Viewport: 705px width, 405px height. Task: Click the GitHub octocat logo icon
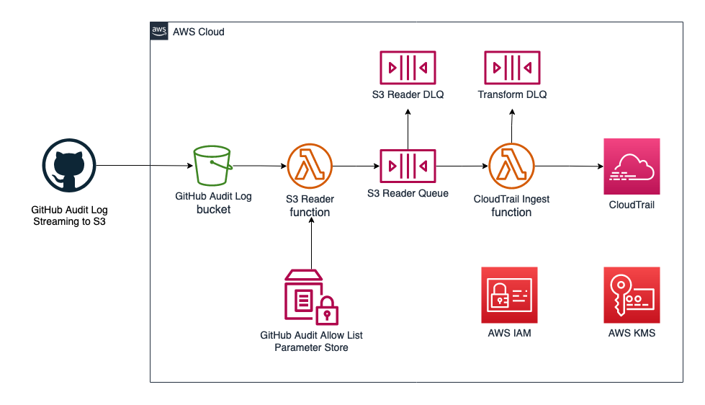tap(69, 166)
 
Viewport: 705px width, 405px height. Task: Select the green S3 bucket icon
tap(213, 166)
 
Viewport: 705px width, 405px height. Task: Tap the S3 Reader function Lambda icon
tap(310, 166)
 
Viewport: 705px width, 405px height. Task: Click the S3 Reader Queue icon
tap(408, 166)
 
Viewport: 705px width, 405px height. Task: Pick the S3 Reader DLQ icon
tap(408, 68)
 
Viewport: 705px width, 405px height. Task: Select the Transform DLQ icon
tap(512, 68)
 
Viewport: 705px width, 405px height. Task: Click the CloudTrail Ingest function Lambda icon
tap(511, 166)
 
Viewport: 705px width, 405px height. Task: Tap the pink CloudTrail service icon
tap(632, 167)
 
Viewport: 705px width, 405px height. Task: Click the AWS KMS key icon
tap(632, 295)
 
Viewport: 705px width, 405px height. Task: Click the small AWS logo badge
tap(158, 31)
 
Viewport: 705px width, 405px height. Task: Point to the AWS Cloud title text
tap(199, 32)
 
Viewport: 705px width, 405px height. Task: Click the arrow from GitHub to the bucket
tap(144, 166)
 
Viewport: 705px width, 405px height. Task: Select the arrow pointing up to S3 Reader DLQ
tap(408, 130)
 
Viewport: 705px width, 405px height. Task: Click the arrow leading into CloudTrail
tap(569, 166)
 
